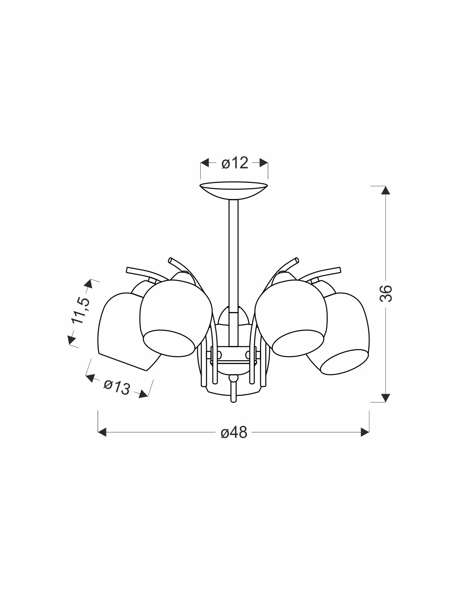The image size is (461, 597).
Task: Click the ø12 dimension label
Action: point(234,163)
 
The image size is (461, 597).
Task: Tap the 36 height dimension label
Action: point(386,293)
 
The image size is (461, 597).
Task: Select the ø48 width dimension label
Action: point(234,433)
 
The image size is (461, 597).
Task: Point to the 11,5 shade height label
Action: point(80,310)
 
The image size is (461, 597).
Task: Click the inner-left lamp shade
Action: point(176,318)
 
